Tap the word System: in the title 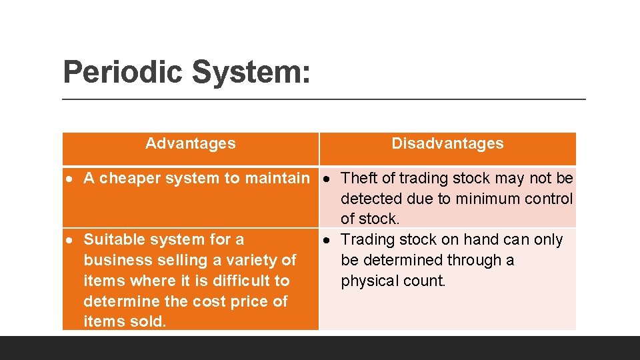(x=251, y=72)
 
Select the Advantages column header (x=190, y=143)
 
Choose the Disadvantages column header (x=447, y=143)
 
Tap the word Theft (x=359, y=179)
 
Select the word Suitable (x=111, y=239)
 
